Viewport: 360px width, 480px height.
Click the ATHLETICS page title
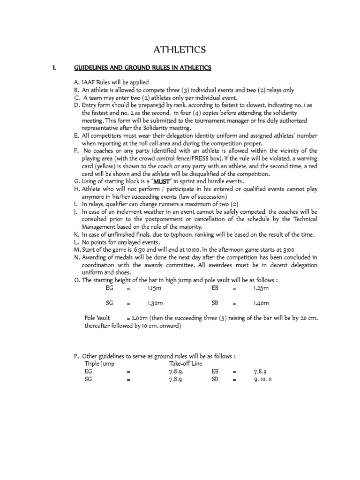[180, 50]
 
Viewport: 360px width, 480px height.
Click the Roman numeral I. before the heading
[54, 68]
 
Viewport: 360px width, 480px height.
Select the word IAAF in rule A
[90, 82]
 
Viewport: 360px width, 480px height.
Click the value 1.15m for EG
[153, 288]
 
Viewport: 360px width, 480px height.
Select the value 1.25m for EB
[261, 288]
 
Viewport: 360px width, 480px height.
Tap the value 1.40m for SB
[261, 303]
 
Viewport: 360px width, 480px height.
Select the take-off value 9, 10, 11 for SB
[263, 379]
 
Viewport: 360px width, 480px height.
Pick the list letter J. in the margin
[76, 211]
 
